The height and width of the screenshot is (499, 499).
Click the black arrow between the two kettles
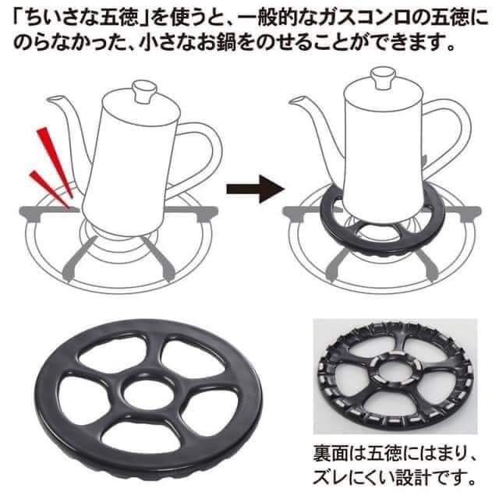(255, 189)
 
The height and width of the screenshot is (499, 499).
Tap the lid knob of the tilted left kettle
(145, 90)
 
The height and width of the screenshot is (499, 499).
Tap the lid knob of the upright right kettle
(384, 77)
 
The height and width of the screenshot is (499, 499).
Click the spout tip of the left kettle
(49, 100)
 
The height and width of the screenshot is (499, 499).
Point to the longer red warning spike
(55, 161)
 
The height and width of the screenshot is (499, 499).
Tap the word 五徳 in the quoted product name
(119, 17)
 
